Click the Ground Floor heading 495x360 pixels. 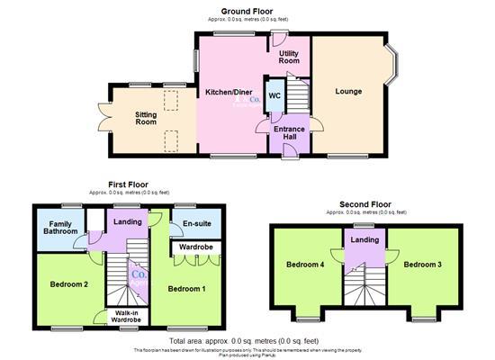click(248, 10)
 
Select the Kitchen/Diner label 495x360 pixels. click(229, 93)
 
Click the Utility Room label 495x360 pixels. click(288, 58)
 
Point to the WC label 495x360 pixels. click(274, 95)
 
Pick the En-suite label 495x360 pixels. click(196, 223)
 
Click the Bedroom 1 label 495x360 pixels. click(188, 289)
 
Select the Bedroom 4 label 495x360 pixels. click(305, 265)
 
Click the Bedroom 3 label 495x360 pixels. click(422, 265)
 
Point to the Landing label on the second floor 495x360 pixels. click(364, 239)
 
